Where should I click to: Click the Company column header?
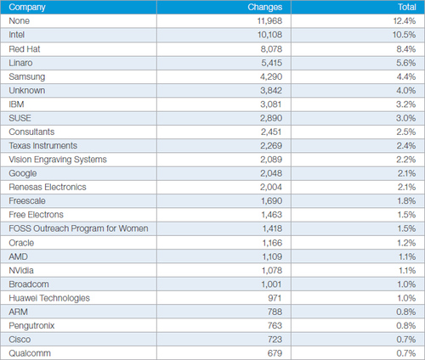[x=27, y=8]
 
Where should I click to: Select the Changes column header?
[x=265, y=7]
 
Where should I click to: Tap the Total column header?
[x=407, y=7]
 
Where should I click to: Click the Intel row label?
[x=16, y=35]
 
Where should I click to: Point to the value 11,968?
[x=269, y=21]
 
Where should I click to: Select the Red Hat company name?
[x=25, y=49]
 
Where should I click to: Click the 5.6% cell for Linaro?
[x=406, y=63]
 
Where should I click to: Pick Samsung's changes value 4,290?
[x=271, y=76]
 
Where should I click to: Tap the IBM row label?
[x=16, y=104]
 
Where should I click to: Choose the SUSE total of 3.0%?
[x=406, y=118]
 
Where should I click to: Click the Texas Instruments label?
[x=42, y=145]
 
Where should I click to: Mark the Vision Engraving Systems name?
[x=58, y=160]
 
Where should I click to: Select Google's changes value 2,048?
[x=271, y=173]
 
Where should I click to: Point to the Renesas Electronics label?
[x=48, y=187]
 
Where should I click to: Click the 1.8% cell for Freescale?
[x=406, y=201]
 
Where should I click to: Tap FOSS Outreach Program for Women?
[x=78, y=228]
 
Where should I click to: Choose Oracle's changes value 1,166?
[x=272, y=243]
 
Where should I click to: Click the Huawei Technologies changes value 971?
[x=275, y=298]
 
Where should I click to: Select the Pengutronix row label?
[x=31, y=326]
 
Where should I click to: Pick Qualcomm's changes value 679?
[x=275, y=353]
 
